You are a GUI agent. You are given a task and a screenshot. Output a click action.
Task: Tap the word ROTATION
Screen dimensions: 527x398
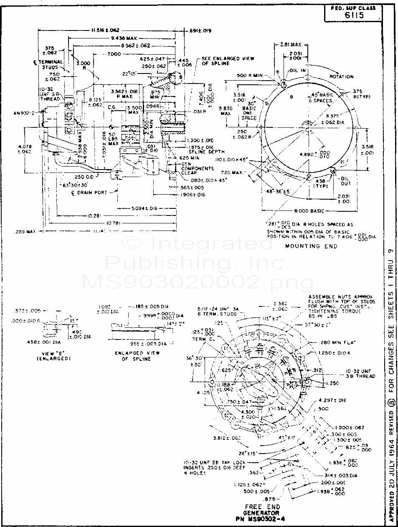click(x=341, y=77)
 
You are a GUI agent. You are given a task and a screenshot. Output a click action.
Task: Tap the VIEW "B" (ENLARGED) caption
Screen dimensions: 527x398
click(x=53, y=356)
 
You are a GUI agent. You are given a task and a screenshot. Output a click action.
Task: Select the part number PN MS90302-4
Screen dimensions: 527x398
click(x=262, y=519)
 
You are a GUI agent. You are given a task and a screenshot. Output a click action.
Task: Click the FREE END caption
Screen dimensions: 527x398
click(x=262, y=507)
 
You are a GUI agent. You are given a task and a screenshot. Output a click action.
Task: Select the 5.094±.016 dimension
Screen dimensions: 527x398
click(x=144, y=208)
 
